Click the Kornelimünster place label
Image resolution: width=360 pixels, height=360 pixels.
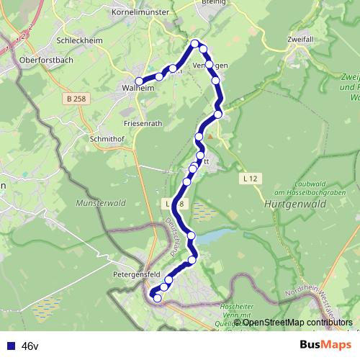click(x=140, y=12)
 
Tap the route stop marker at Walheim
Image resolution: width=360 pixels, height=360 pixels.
click(x=140, y=81)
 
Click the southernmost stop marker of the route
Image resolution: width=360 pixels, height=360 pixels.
click(x=158, y=297)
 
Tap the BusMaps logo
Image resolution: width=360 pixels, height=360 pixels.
click(x=325, y=346)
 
